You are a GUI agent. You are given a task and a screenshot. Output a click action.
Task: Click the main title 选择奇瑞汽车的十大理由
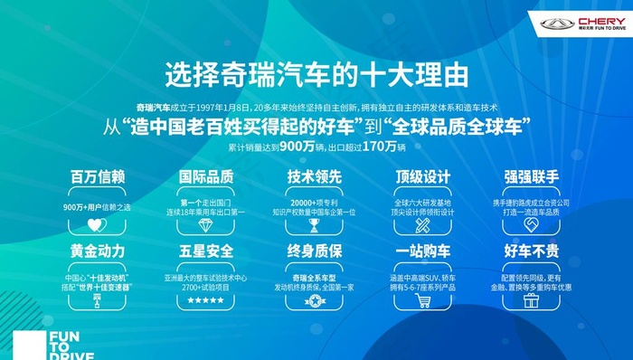point(316,71)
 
